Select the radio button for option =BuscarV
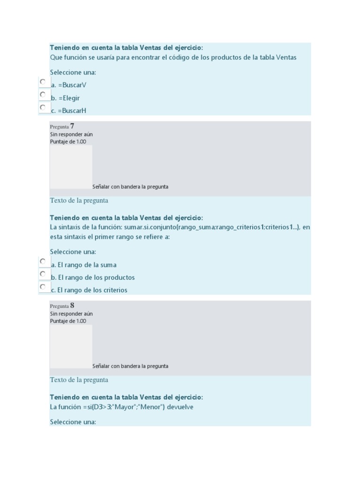pyautogui.click(x=43, y=82)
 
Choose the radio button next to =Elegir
pyautogui.click(x=43, y=95)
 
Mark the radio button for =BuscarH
pyautogui.click(x=43, y=107)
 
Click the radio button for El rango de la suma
pyautogui.click(x=43, y=262)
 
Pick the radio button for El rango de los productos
pyautogui.click(x=43, y=274)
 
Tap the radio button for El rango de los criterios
pyautogui.click(x=43, y=287)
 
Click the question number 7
pyautogui.click(x=72, y=126)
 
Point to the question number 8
pyautogui.click(x=72, y=306)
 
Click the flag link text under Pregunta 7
pyautogui.click(x=130, y=187)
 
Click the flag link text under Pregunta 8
pyautogui.click(x=130, y=366)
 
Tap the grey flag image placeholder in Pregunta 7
pyautogui.click(x=71, y=167)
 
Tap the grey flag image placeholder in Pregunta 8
pyautogui.click(x=71, y=346)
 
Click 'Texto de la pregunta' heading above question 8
pyautogui.click(x=79, y=380)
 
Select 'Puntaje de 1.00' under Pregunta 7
pyautogui.click(x=68, y=142)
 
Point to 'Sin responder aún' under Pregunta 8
pyautogui.click(x=71, y=314)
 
